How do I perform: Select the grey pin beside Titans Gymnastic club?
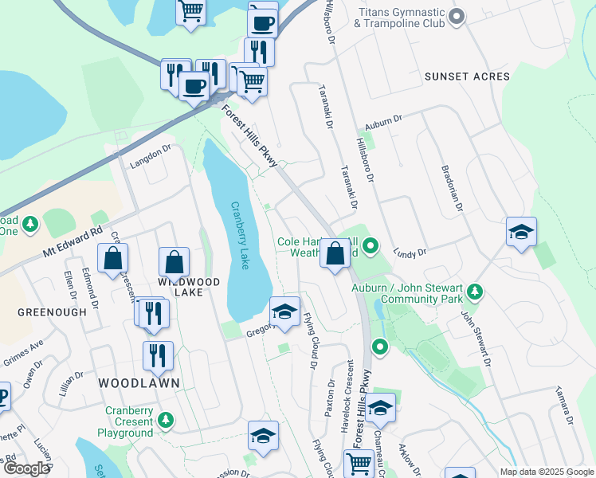(457, 16)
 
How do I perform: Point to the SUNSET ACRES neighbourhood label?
(467, 76)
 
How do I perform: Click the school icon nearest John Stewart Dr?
(521, 233)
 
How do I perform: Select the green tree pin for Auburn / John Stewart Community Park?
(476, 292)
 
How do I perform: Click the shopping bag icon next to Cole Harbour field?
(336, 254)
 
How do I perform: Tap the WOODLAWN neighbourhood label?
(139, 383)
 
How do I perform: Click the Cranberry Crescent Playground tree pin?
(166, 419)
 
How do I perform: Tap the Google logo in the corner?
(26, 468)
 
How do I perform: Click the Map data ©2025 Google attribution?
(546, 472)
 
